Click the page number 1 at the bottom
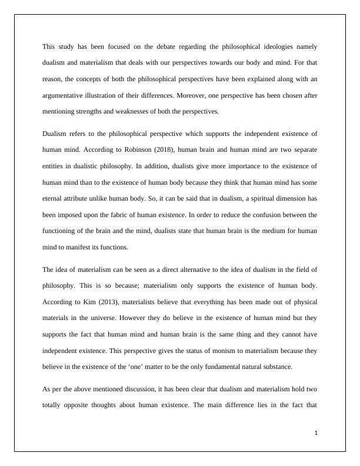click(x=316, y=433)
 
